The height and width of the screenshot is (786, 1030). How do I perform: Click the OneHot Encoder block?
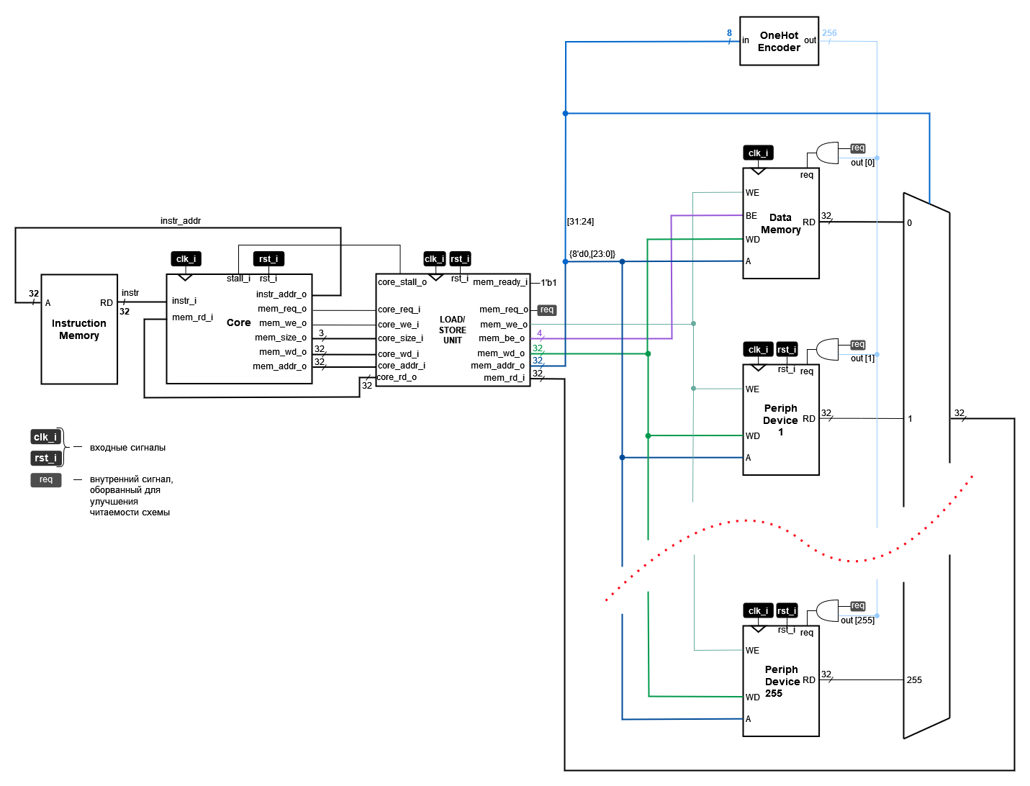pos(779,41)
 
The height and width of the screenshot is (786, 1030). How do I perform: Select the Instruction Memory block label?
pos(79,330)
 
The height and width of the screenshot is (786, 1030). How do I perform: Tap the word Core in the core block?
pos(238,322)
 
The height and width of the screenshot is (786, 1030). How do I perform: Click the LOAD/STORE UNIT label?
pos(453,330)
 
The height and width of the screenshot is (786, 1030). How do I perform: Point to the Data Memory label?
pos(781,224)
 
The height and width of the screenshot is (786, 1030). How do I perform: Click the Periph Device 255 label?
pos(781,681)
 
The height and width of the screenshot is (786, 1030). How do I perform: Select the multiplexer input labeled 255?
pos(914,679)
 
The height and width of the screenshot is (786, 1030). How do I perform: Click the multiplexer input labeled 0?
pos(909,223)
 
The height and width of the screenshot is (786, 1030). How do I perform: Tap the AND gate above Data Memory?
pos(827,153)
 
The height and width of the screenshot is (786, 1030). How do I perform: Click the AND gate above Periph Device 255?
pos(827,610)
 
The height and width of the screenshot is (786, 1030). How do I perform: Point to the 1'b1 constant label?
pos(548,283)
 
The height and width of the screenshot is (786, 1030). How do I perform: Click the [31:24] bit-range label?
pos(580,222)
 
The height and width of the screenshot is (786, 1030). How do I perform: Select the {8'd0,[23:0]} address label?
pos(592,254)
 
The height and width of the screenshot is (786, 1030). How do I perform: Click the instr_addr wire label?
pos(180,221)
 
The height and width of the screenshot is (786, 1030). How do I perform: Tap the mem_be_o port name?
pos(502,338)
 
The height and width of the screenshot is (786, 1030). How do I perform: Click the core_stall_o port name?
pos(402,282)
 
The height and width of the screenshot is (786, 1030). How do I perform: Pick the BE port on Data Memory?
pos(751,216)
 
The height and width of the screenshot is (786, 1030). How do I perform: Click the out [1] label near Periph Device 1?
pos(862,358)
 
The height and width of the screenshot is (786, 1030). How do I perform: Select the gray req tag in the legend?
pos(46,480)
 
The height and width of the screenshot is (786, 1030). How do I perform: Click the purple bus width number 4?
pos(539,333)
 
